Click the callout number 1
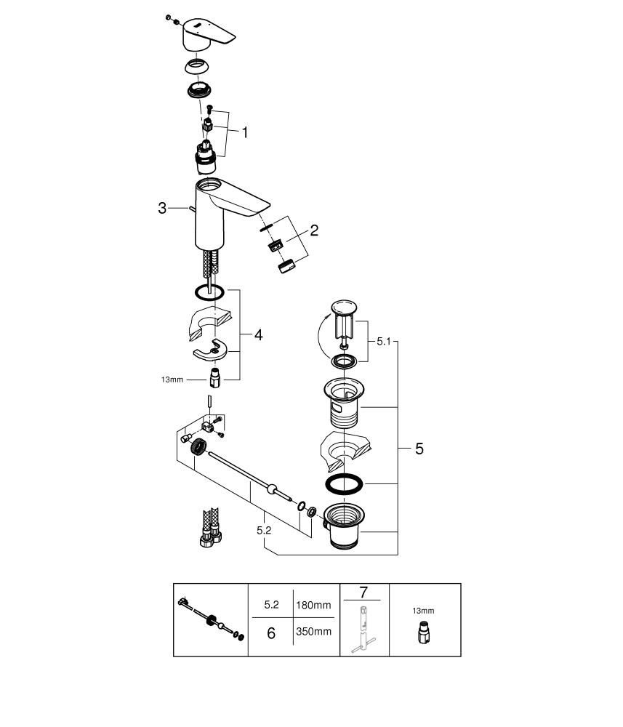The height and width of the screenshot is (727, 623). (x=245, y=132)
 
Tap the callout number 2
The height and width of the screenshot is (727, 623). (x=313, y=231)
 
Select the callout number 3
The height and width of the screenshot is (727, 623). (x=162, y=209)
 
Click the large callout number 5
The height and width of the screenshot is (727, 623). (x=419, y=449)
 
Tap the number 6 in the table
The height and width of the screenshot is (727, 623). (x=270, y=633)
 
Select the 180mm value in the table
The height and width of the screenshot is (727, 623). (x=313, y=605)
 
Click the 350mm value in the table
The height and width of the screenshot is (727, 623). (x=313, y=632)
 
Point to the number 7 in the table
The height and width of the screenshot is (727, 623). (x=364, y=593)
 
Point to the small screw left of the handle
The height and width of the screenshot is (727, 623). (x=169, y=17)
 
